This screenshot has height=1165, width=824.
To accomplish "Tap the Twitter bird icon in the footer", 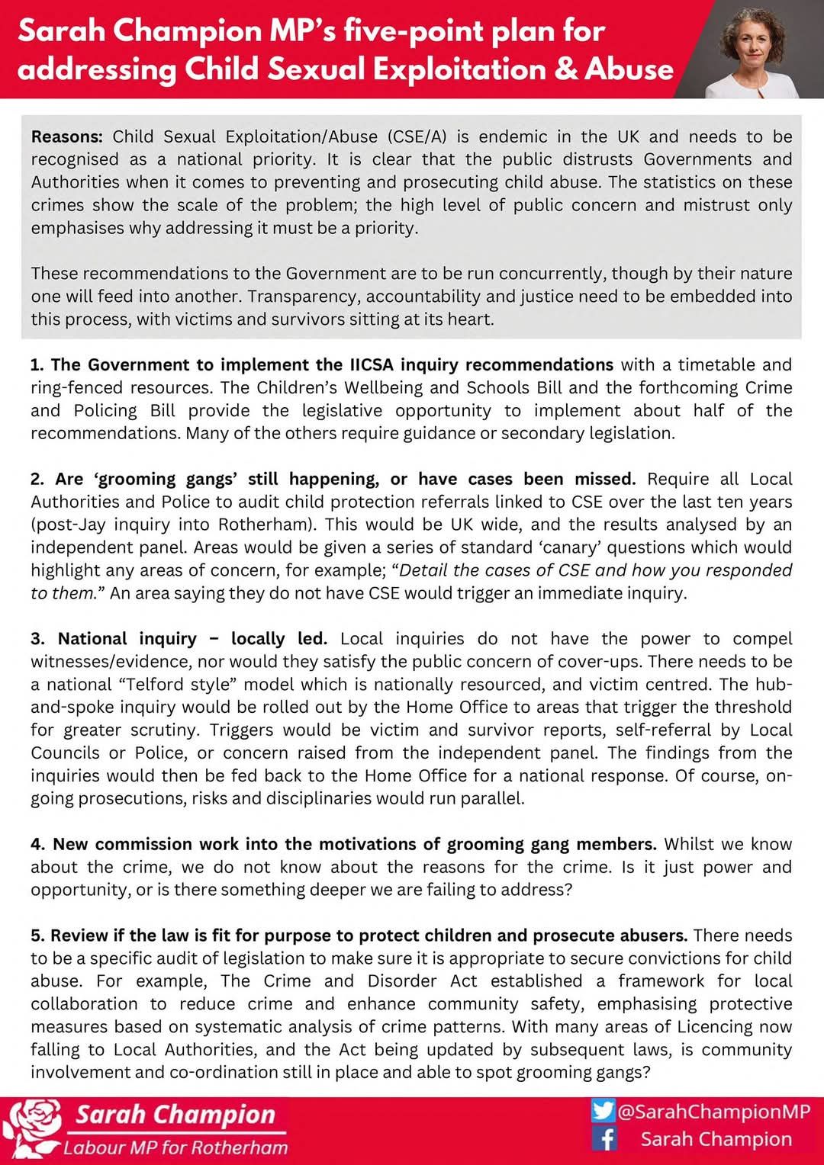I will click(603, 1110).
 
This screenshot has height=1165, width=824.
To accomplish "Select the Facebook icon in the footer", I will click(604, 1139).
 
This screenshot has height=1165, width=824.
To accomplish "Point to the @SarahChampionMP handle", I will click(713, 1112).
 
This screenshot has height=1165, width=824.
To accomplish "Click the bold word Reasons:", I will click(66, 137).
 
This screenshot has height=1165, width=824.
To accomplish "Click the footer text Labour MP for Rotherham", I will click(175, 1147).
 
